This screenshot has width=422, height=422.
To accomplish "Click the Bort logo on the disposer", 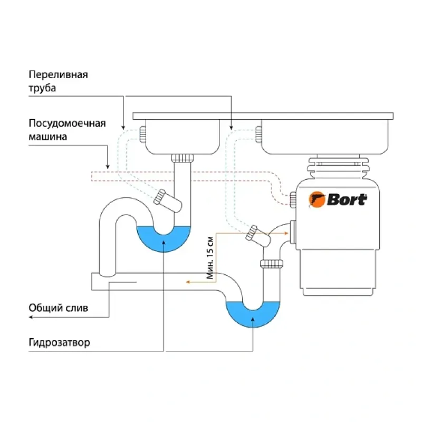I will (338, 199).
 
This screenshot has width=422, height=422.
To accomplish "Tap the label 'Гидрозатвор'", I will (59, 342).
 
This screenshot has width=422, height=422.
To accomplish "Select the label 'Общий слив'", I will (58, 308).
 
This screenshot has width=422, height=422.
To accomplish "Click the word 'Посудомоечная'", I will (67, 123).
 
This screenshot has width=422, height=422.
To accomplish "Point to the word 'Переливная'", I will (58, 74).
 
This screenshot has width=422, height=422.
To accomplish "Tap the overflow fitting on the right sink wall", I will (258, 134).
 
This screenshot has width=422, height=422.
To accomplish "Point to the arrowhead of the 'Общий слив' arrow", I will (31, 318).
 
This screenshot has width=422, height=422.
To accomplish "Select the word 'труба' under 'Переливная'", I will (42, 88).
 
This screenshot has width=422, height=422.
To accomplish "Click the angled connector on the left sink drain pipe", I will (160, 197).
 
